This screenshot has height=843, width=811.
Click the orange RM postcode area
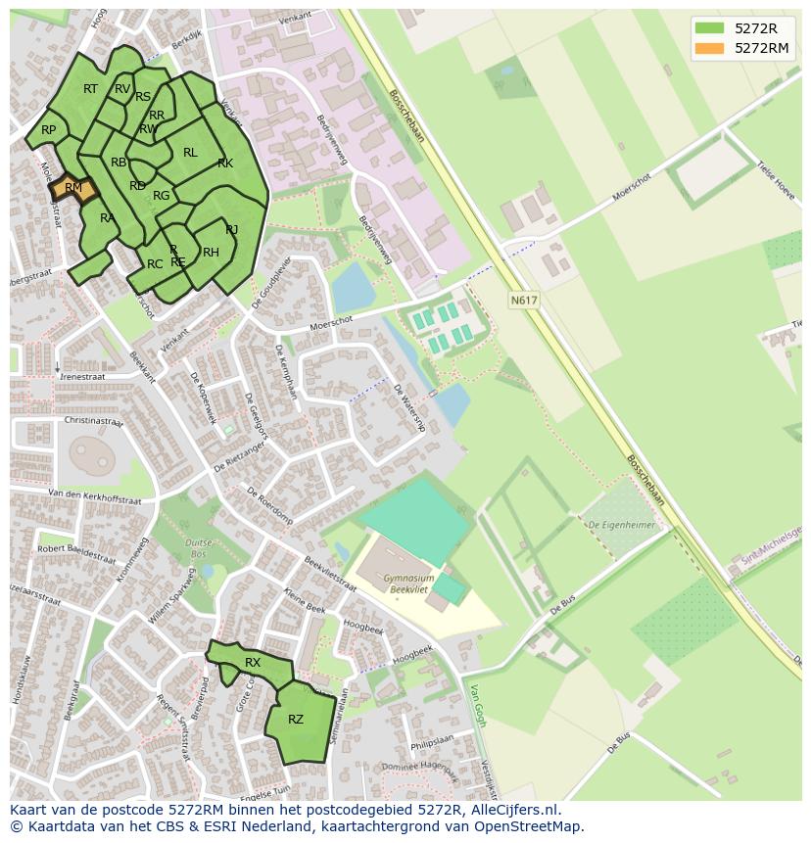(74, 189)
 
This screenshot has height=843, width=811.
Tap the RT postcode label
(90, 89)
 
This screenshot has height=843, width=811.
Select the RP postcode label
(48, 130)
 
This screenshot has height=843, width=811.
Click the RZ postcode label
(296, 720)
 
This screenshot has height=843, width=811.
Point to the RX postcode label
(253, 663)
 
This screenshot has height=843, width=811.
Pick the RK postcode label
(225, 164)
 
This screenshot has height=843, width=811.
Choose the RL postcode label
(190, 153)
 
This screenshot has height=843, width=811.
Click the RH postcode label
(211, 253)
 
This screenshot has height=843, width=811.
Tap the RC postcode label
(155, 264)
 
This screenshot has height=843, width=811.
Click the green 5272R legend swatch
(709, 28)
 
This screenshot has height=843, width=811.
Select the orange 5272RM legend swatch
(709, 48)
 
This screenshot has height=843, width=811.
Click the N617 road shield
(524, 301)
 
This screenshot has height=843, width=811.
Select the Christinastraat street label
(95, 420)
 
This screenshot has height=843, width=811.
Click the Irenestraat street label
(83, 376)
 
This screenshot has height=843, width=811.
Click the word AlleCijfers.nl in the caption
(510, 810)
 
